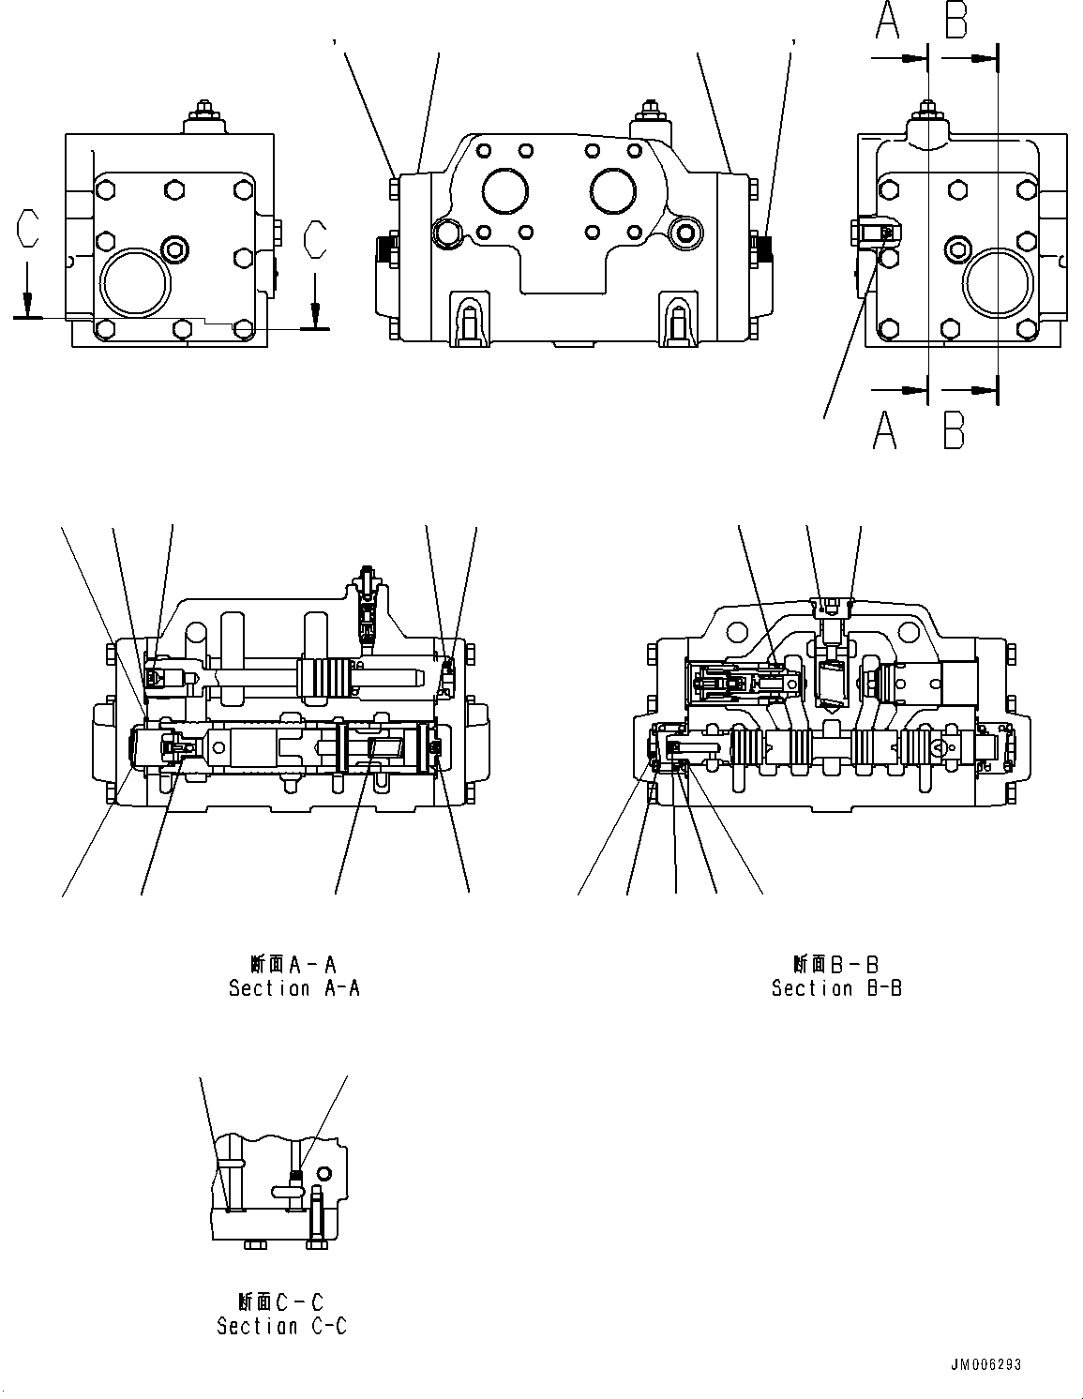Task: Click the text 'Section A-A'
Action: (294, 987)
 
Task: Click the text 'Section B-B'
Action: (836, 987)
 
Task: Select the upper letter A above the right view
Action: (887, 21)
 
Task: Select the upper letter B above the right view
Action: (955, 21)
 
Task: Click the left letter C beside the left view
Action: (29, 229)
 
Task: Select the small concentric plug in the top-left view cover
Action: (174, 248)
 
